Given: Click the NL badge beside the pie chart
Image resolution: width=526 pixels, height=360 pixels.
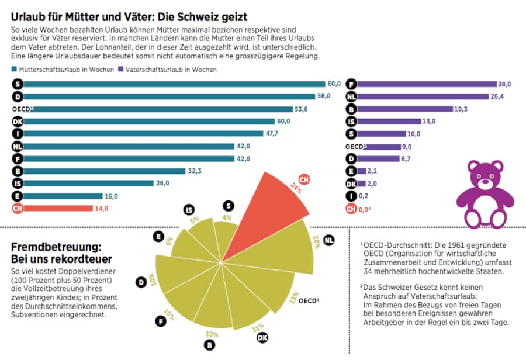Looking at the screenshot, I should pos(329,240).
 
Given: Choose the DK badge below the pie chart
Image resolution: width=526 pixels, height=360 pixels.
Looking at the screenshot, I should pos(263,337).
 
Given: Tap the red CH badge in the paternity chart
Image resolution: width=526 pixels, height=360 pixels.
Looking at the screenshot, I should pos(351,208).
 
